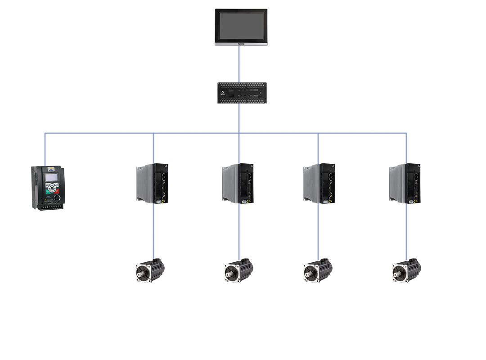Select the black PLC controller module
click(242, 93)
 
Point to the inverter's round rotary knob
click(57, 198)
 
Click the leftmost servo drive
click(152, 183)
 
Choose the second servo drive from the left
click(238, 183)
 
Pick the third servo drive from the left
click(319, 183)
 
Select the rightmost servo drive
click(405, 183)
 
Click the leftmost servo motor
click(150, 270)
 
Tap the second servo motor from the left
click(238, 270)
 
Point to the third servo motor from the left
click(318, 270)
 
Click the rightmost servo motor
click(406, 270)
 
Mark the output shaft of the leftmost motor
click(141, 272)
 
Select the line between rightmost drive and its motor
click(406, 232)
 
